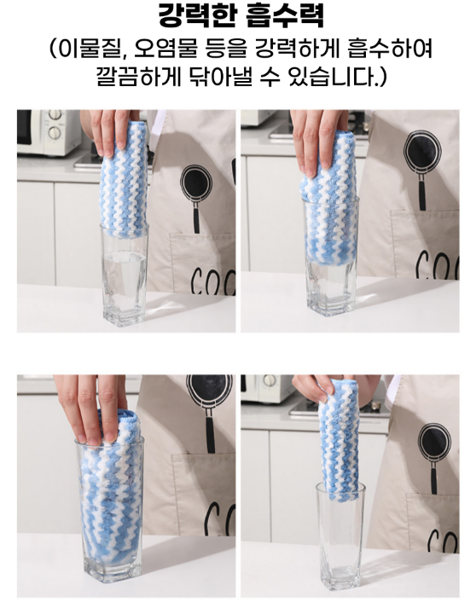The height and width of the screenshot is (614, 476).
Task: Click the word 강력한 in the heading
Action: (x=198, y=15)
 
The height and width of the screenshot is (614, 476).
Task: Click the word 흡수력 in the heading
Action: (x=286, y=15)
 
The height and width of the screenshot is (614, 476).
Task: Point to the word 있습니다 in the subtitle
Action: (x=332, y=77)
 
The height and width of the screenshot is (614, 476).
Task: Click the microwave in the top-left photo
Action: (x=49, y=131)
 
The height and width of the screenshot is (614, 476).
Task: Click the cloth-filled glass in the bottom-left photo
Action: (x=110, y=510)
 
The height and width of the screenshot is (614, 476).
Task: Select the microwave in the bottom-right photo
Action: (x=267, y=388)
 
